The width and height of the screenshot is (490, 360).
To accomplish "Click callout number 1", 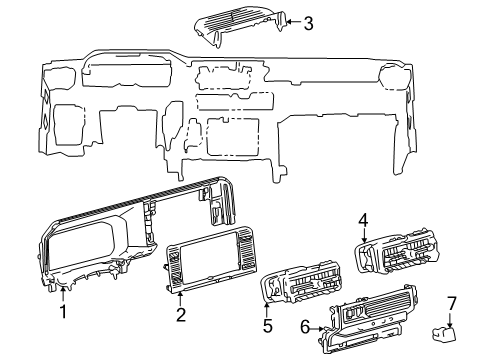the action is click(63, 312).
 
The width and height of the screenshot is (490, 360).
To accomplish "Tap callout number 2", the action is click(181, 315).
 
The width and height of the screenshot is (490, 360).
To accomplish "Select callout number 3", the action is click(308, 24).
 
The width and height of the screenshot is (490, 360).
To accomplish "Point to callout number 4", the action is click(363, 221).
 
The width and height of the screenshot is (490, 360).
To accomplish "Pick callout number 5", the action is click(268, 326).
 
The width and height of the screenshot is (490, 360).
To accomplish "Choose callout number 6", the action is click(305, 327).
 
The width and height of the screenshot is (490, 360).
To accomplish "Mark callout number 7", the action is click(451, 303).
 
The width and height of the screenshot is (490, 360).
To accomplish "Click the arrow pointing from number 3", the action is click(293, 22).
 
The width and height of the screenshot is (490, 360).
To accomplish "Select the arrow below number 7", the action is click(451, 321).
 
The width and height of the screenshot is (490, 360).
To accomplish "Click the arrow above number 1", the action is click(63, 296).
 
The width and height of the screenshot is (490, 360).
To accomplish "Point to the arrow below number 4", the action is click(364, 236).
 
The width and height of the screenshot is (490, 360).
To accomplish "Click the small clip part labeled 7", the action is click(444, 335).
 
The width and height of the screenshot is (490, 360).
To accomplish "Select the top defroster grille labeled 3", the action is click(241, 25).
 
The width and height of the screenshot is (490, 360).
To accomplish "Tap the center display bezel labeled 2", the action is click(211, 259).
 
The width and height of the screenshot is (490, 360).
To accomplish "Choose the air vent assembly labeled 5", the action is click(302, 281).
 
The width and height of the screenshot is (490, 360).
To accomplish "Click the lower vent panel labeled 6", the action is click(367, 319).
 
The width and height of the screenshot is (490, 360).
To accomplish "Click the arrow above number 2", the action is click(180, 299).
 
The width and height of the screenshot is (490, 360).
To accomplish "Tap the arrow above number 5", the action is click(267, 310).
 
